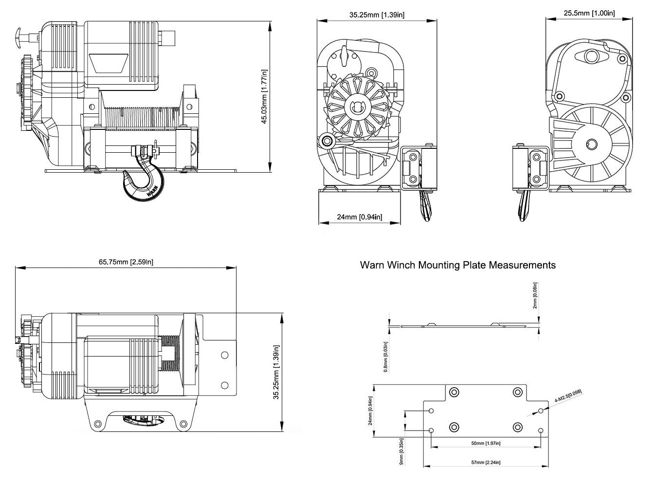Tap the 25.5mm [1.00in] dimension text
(x=589, y=13)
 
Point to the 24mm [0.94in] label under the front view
(x=360, y=217)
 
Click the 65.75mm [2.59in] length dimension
(x=126, y=262)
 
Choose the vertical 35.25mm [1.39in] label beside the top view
(x=276, y=372)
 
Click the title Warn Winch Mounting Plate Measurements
(x=457, y=265)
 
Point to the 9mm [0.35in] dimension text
(x=401, y=452)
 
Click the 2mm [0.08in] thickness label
(x=535, y=295)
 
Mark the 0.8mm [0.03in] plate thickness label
(x=386, y=357)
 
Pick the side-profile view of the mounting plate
(x=465, y=326)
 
